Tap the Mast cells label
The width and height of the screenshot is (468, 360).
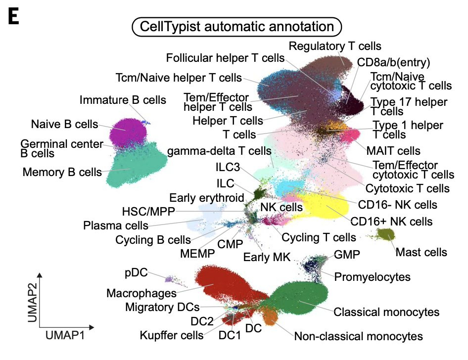coord(421,252)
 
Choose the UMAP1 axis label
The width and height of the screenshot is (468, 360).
coord(65,336)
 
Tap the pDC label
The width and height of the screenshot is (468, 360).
coord(135,272)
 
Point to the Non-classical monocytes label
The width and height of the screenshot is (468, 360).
coord(358,336)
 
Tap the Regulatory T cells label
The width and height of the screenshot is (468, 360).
coord(335,46)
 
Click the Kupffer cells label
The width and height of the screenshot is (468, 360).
coord(171,335)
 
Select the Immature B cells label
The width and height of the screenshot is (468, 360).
coord(117,100)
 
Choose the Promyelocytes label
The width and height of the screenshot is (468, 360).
coord(373,275)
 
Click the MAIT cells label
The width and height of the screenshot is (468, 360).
coord(393,150)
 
